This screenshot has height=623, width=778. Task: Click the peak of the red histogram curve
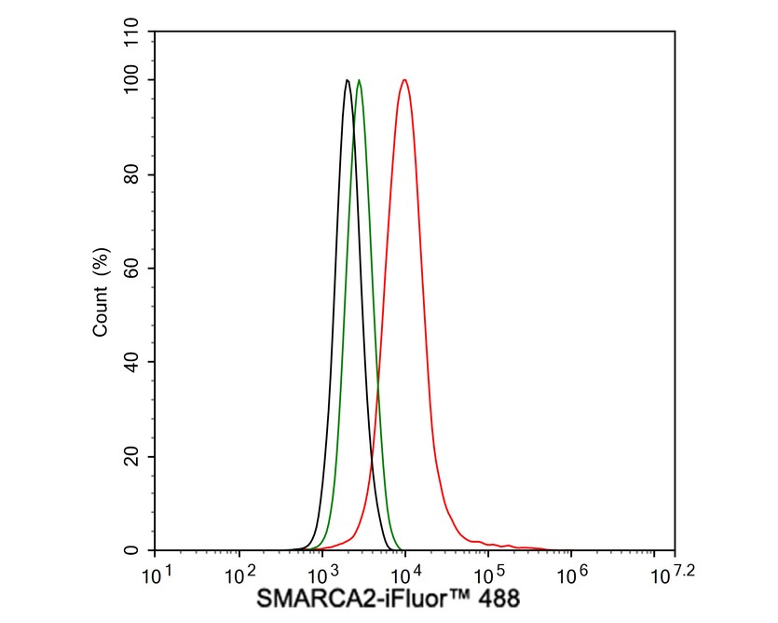click(x=404, y=80)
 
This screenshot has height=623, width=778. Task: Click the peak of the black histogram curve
click(x=348, y=80)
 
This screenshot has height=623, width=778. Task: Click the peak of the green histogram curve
click(x=360, y=80)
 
